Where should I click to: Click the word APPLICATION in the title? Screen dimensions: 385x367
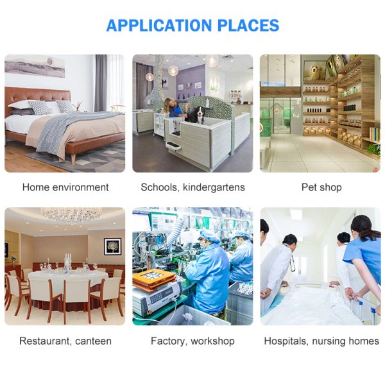pos(159,25)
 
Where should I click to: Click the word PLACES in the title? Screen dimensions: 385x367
pos(248,25)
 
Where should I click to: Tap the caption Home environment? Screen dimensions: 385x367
pos(65,187)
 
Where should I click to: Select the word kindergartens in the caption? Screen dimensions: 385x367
pos(214,188)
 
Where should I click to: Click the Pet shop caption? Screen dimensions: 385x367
pos(321,188)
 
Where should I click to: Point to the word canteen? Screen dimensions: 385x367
pos(93,341)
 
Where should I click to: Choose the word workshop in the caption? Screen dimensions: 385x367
pos(212,341)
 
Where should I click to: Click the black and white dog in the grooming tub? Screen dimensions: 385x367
pos(197,114)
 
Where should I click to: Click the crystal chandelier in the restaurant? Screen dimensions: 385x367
pos(71,215)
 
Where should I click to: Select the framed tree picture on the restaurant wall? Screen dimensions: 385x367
pos(112,246)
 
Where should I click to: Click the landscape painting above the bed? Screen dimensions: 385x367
pos(35,65)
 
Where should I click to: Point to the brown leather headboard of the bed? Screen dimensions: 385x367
pos(37,97)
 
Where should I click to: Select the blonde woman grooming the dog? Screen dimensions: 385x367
pos(174,107)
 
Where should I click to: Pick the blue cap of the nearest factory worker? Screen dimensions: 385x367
pos(209,236)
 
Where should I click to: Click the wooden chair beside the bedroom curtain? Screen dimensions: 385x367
pos(117,108)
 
